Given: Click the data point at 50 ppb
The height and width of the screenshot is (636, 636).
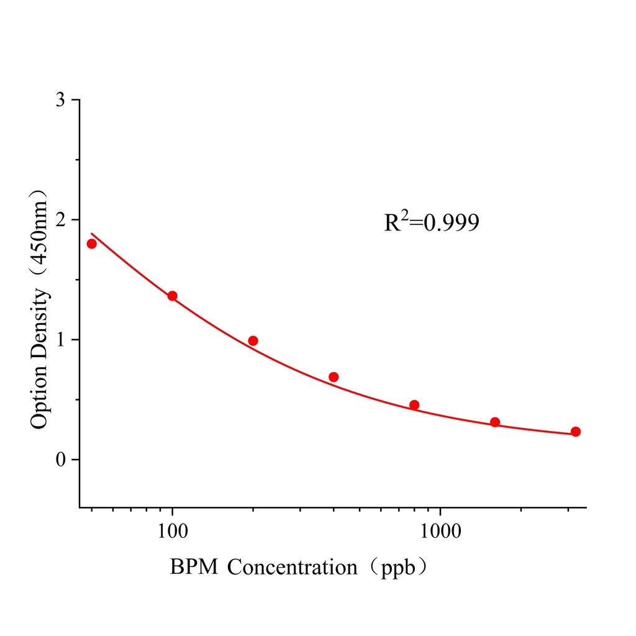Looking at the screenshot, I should (92, 243).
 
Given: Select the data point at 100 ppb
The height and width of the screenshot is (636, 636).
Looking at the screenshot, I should (172, 296).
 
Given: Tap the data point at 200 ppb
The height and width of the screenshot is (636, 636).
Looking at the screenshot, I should (253, 340).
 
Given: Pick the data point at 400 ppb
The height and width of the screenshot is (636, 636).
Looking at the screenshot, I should (334, 377).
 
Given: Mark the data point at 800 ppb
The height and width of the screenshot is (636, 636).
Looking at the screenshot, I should (414, 405).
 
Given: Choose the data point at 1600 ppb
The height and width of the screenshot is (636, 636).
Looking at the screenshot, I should (495, 422).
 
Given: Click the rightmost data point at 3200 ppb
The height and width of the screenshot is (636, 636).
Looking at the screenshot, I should (576, 432).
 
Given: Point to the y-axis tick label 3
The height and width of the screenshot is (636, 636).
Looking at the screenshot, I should (60, 100).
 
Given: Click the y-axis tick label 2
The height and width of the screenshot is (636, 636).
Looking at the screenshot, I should (60, 220).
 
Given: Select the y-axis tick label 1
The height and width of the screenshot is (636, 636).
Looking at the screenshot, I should (60, 340).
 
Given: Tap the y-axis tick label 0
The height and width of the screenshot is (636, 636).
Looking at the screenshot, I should (60, 460).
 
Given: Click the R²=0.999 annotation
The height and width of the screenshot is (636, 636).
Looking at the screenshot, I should (432, 222).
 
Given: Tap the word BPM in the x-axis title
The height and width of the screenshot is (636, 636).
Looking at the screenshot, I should (194, 567).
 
